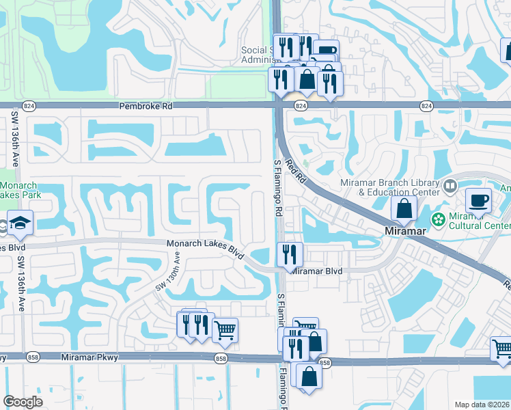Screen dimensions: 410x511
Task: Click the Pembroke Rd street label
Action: click(x=146, y=107)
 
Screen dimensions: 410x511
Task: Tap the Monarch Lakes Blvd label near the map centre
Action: click(x=206, y=248)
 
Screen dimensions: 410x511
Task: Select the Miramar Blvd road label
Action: click(x=316, y=271)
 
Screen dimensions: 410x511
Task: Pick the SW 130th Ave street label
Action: click(x=169, y=271)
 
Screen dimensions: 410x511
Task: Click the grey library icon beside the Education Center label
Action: click(x=450, y=185)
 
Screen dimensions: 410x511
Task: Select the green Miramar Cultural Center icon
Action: click(x=438, y=219)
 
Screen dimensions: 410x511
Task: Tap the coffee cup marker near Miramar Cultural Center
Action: click(x=478, y=201)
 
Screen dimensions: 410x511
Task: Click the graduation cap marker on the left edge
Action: click(x=22, y=223)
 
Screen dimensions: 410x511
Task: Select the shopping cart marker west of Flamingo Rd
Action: click(x=225, y=331)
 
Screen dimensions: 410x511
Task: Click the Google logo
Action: click(x=23, y=402)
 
